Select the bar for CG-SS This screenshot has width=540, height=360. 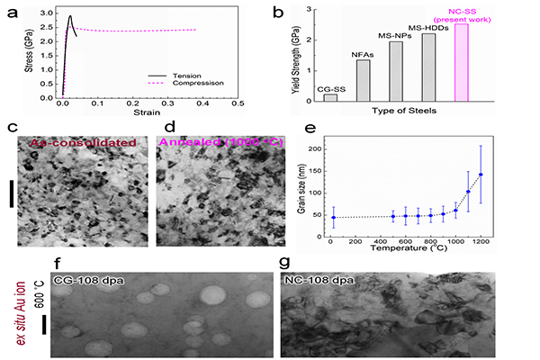click(x=330, y=97)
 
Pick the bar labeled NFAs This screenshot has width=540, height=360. click(x=364, y=80)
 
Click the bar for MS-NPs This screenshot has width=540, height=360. click(x=396, y=71)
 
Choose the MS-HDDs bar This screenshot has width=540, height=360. click(x=428, y=67)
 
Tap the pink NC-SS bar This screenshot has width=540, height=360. click(x=461, y=62)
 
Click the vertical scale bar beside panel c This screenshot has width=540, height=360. click(x=12, y=193)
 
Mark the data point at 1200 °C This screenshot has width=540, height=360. click(x=481, y=175)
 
